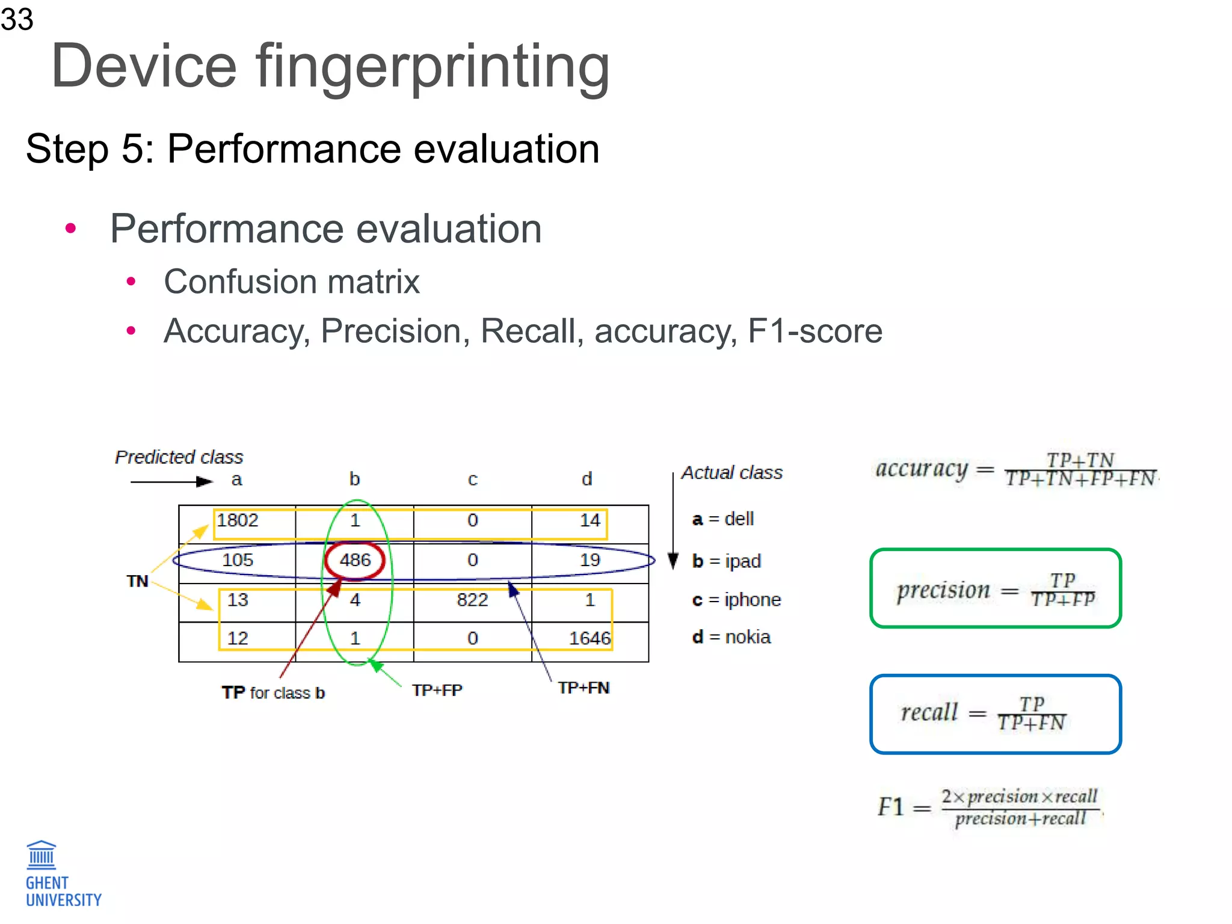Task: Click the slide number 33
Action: tap(17, 19)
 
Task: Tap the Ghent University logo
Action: tap(63, 874)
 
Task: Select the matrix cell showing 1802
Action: tap(238, 520)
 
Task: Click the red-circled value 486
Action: tap(355, 560)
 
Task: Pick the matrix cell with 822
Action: tap(472, 600)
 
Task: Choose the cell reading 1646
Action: tap(590, 638)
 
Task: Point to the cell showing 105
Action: tap(238, 560)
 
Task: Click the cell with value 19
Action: tap(590, 560)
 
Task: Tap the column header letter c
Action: tap(472, 479)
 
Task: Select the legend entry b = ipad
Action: tap(727, 561)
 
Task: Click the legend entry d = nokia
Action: tap(731, 637)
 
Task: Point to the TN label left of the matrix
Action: tap(137, 581)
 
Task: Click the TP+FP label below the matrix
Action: tap(437, 690)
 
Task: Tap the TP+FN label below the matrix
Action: tap(584, 688)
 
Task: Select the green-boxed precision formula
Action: tap(996, 589)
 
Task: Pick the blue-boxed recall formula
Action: tap(996, 714)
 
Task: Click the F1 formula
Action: tap(990, 807)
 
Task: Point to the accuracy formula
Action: tap(1017, 469)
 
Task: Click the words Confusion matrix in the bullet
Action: tap(292, 282)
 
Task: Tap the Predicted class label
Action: tap(179, 457)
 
